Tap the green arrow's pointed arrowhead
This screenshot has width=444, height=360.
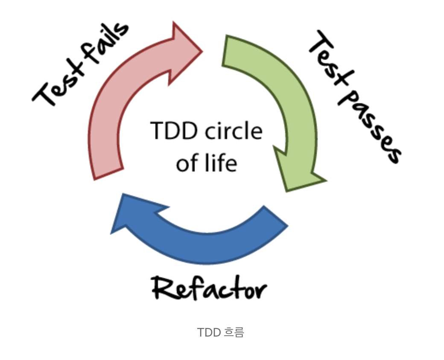tap(299, 173)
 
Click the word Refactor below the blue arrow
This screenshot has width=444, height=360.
tap(209, 289)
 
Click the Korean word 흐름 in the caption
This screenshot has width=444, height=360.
tap(234, 332)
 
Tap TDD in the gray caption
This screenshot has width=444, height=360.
tap(209, 332)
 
